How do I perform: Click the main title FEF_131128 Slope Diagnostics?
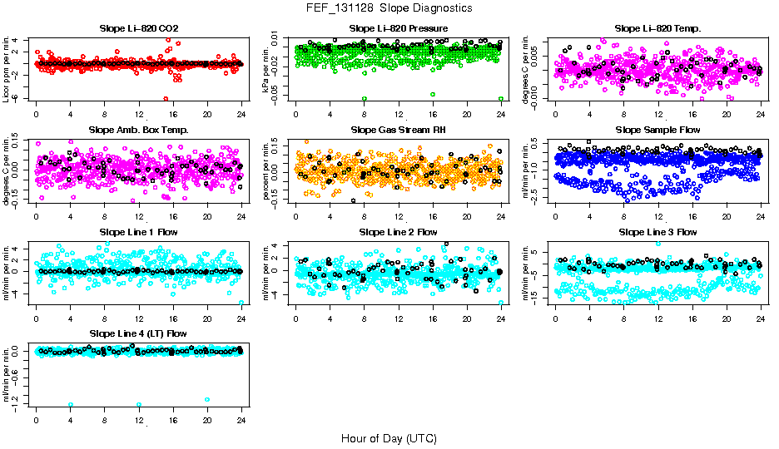point(389,7)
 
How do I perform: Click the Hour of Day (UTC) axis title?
point(389,437)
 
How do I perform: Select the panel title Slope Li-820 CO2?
point(139,29)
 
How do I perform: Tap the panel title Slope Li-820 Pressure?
point(399,29)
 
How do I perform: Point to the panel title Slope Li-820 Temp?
point(657,29)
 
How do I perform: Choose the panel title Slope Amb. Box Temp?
point(139,131)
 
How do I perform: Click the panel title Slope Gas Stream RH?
point(399,131)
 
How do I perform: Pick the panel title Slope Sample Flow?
point(657,131)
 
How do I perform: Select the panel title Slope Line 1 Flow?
point(139,232)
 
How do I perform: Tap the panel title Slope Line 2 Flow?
point(399,232)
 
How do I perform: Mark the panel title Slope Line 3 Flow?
point(657,232)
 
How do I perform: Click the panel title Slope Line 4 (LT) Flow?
point(139,333)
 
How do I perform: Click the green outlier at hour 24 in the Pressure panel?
point(500,98)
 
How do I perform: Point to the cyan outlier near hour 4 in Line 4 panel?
point(71,405)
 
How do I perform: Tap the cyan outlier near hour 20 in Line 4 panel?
point(207,400)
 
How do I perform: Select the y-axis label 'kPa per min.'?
point(266,68)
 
